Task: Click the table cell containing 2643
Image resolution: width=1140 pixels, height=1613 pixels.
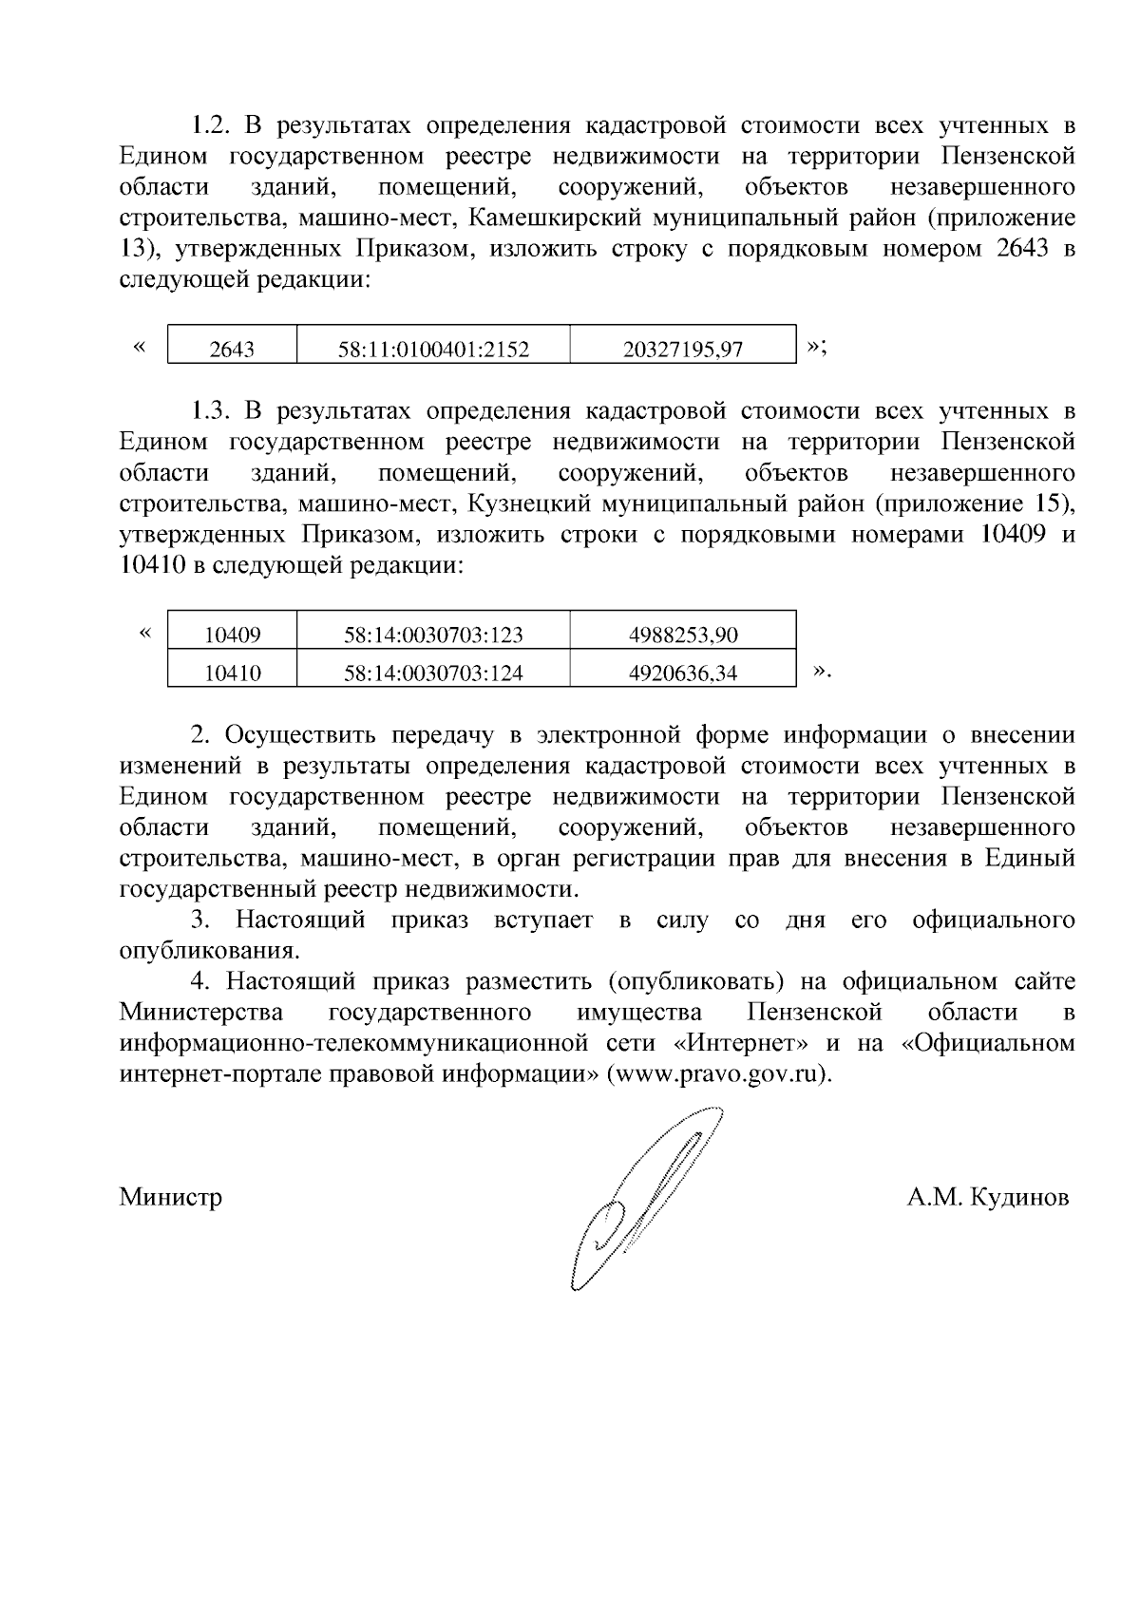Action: click(x=232, y=349)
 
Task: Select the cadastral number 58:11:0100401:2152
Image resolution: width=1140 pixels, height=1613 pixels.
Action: click(x=433, y=349)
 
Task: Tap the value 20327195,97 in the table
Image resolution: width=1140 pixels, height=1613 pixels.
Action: click(x=682, y=349)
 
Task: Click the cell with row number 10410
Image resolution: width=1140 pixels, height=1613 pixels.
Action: click(x=232, y=674)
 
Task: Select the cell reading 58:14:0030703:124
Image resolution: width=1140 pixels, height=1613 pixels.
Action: click(x=433, y=674)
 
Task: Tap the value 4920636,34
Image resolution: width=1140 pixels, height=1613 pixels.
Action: click(x=682, y=674)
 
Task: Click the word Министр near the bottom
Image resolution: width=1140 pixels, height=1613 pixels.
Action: click(x=171, y=1197)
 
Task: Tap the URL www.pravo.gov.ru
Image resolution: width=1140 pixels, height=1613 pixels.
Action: click(x=718, y=1074)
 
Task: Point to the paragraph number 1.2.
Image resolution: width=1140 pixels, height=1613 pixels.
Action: click(x=211, y=125)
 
